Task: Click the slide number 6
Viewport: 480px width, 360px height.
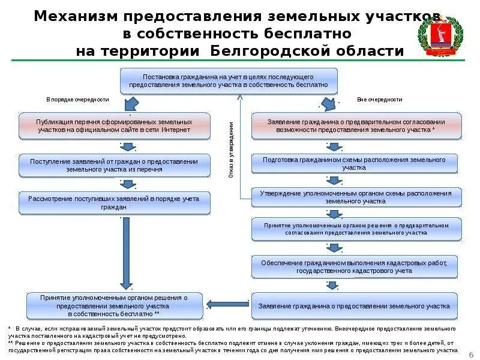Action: click(x=470, y=354)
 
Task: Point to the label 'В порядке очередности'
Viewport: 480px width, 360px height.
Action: click(x=77, y=100)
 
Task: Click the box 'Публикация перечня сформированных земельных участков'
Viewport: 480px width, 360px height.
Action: click(x=114, y=125)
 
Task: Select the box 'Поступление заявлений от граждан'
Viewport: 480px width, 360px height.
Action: click(x=114, y=166)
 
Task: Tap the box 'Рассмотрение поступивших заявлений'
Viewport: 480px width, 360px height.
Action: click(x=114, y=203)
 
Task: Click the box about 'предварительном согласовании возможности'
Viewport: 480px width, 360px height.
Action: click(x=356, y=125)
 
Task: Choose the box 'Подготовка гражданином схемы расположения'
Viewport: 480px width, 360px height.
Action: click(x=354, y=164)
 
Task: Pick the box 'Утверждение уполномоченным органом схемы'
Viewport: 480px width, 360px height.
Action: click(x=356, y=197)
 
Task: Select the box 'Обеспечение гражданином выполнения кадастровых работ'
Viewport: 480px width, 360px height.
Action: click(x=354, y=267)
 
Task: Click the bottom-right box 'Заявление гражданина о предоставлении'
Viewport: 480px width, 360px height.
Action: click(x=354, y=306)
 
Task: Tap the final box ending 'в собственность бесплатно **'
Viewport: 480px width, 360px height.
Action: click(x=114, y=306)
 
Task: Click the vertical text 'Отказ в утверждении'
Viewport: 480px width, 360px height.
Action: click(x=231, y=150)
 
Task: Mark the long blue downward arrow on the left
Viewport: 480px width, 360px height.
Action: click(x=125, y=252)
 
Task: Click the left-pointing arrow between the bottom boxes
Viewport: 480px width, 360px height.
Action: click(x=228, y=304)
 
